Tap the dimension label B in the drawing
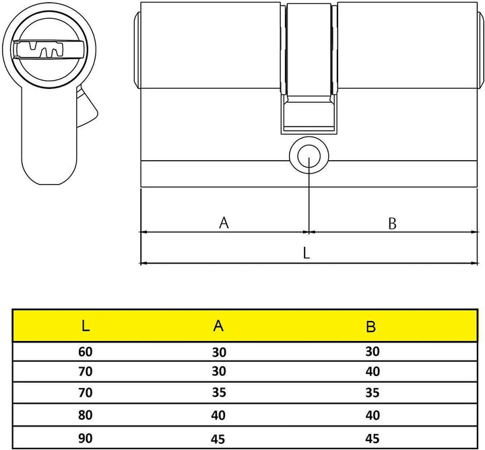click(392, 223)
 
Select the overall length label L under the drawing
click(306, 253)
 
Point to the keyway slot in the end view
click(46, 50)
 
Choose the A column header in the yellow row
click(218, 327)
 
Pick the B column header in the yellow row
click(370, 327)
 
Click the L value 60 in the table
click(86, 351)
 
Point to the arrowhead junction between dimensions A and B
click(309, 231)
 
